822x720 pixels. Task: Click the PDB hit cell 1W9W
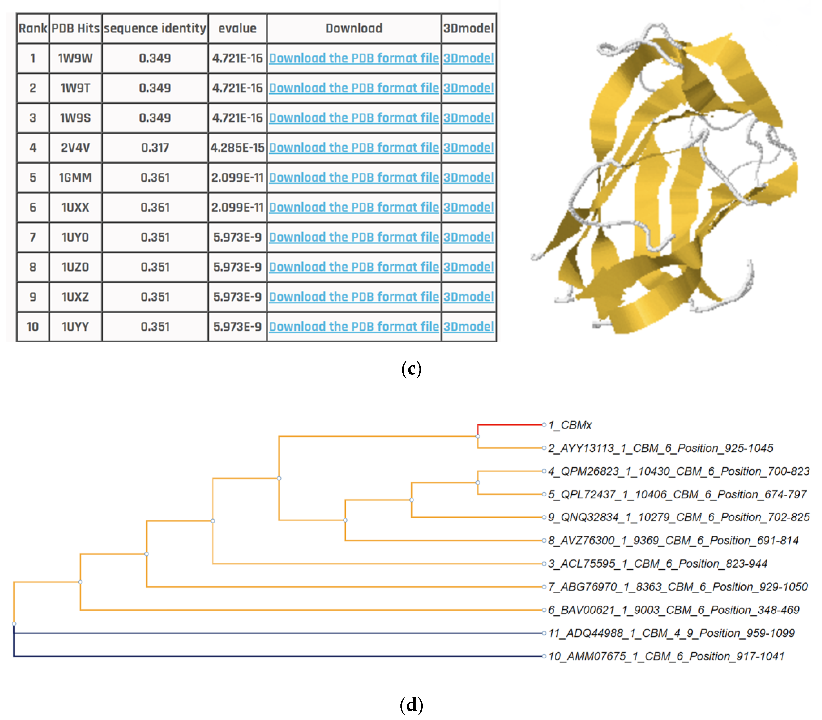pyautogui.click(x=75, y=58)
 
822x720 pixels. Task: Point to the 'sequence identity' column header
pyautogui.click(x=155, y=28)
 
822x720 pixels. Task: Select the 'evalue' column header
pyautogui.click(x=237, y=28)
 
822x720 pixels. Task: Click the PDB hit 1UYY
pyautogui.click(x=75, y=327)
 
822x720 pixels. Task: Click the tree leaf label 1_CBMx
pyautogui.click(x=570, y=425)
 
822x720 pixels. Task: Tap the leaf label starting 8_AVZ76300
pyautogui.click(x=673, y=540)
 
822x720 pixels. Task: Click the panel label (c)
pyautogui.click(x=411, y=369)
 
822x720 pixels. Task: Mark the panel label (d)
pyautogui.click(x=411, y=705)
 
